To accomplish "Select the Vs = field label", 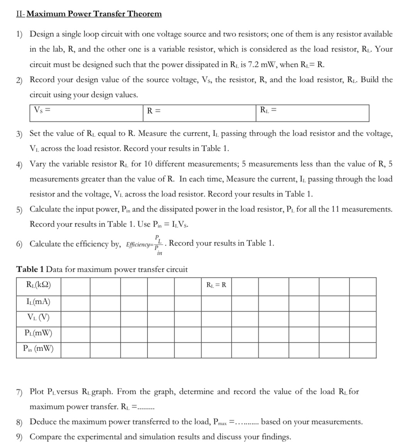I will click(43, 110).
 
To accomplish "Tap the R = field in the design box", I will click(154, 111).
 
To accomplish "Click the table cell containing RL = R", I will click(217, 286).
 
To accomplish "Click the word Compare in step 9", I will click(45, 437).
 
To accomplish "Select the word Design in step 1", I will click(42, 34).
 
